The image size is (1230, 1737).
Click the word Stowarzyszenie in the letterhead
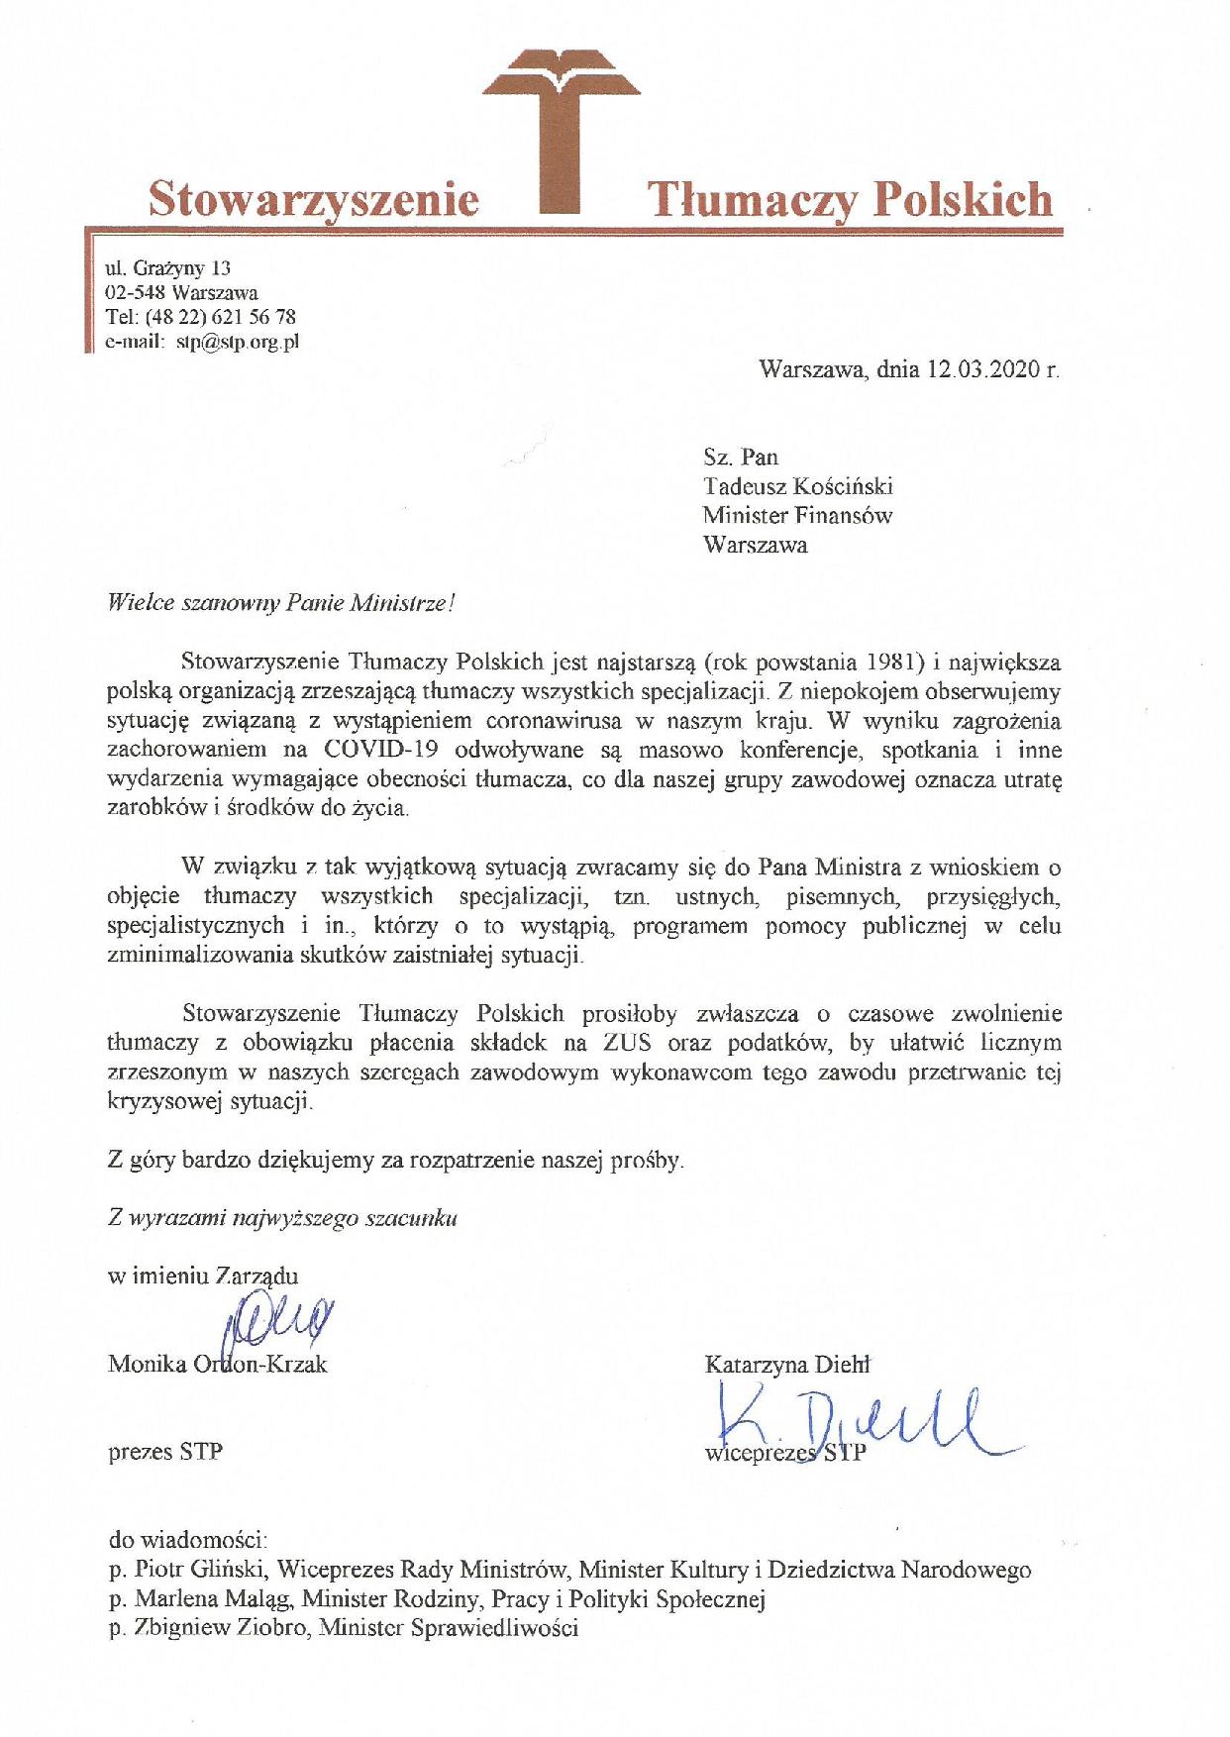[313, 199]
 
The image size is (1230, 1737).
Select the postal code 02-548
[135, 293]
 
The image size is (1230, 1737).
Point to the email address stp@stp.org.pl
[237, 343]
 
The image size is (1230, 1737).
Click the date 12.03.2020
[982, 370]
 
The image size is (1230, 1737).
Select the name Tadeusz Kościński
[797, 486]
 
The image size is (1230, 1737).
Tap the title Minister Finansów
[797, 516]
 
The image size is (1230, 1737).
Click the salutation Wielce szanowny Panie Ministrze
[280, 604]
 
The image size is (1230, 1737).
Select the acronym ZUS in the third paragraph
[626, 1043]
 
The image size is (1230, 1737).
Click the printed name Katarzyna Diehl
[786, 1365]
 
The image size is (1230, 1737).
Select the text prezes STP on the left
[164, 1452]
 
